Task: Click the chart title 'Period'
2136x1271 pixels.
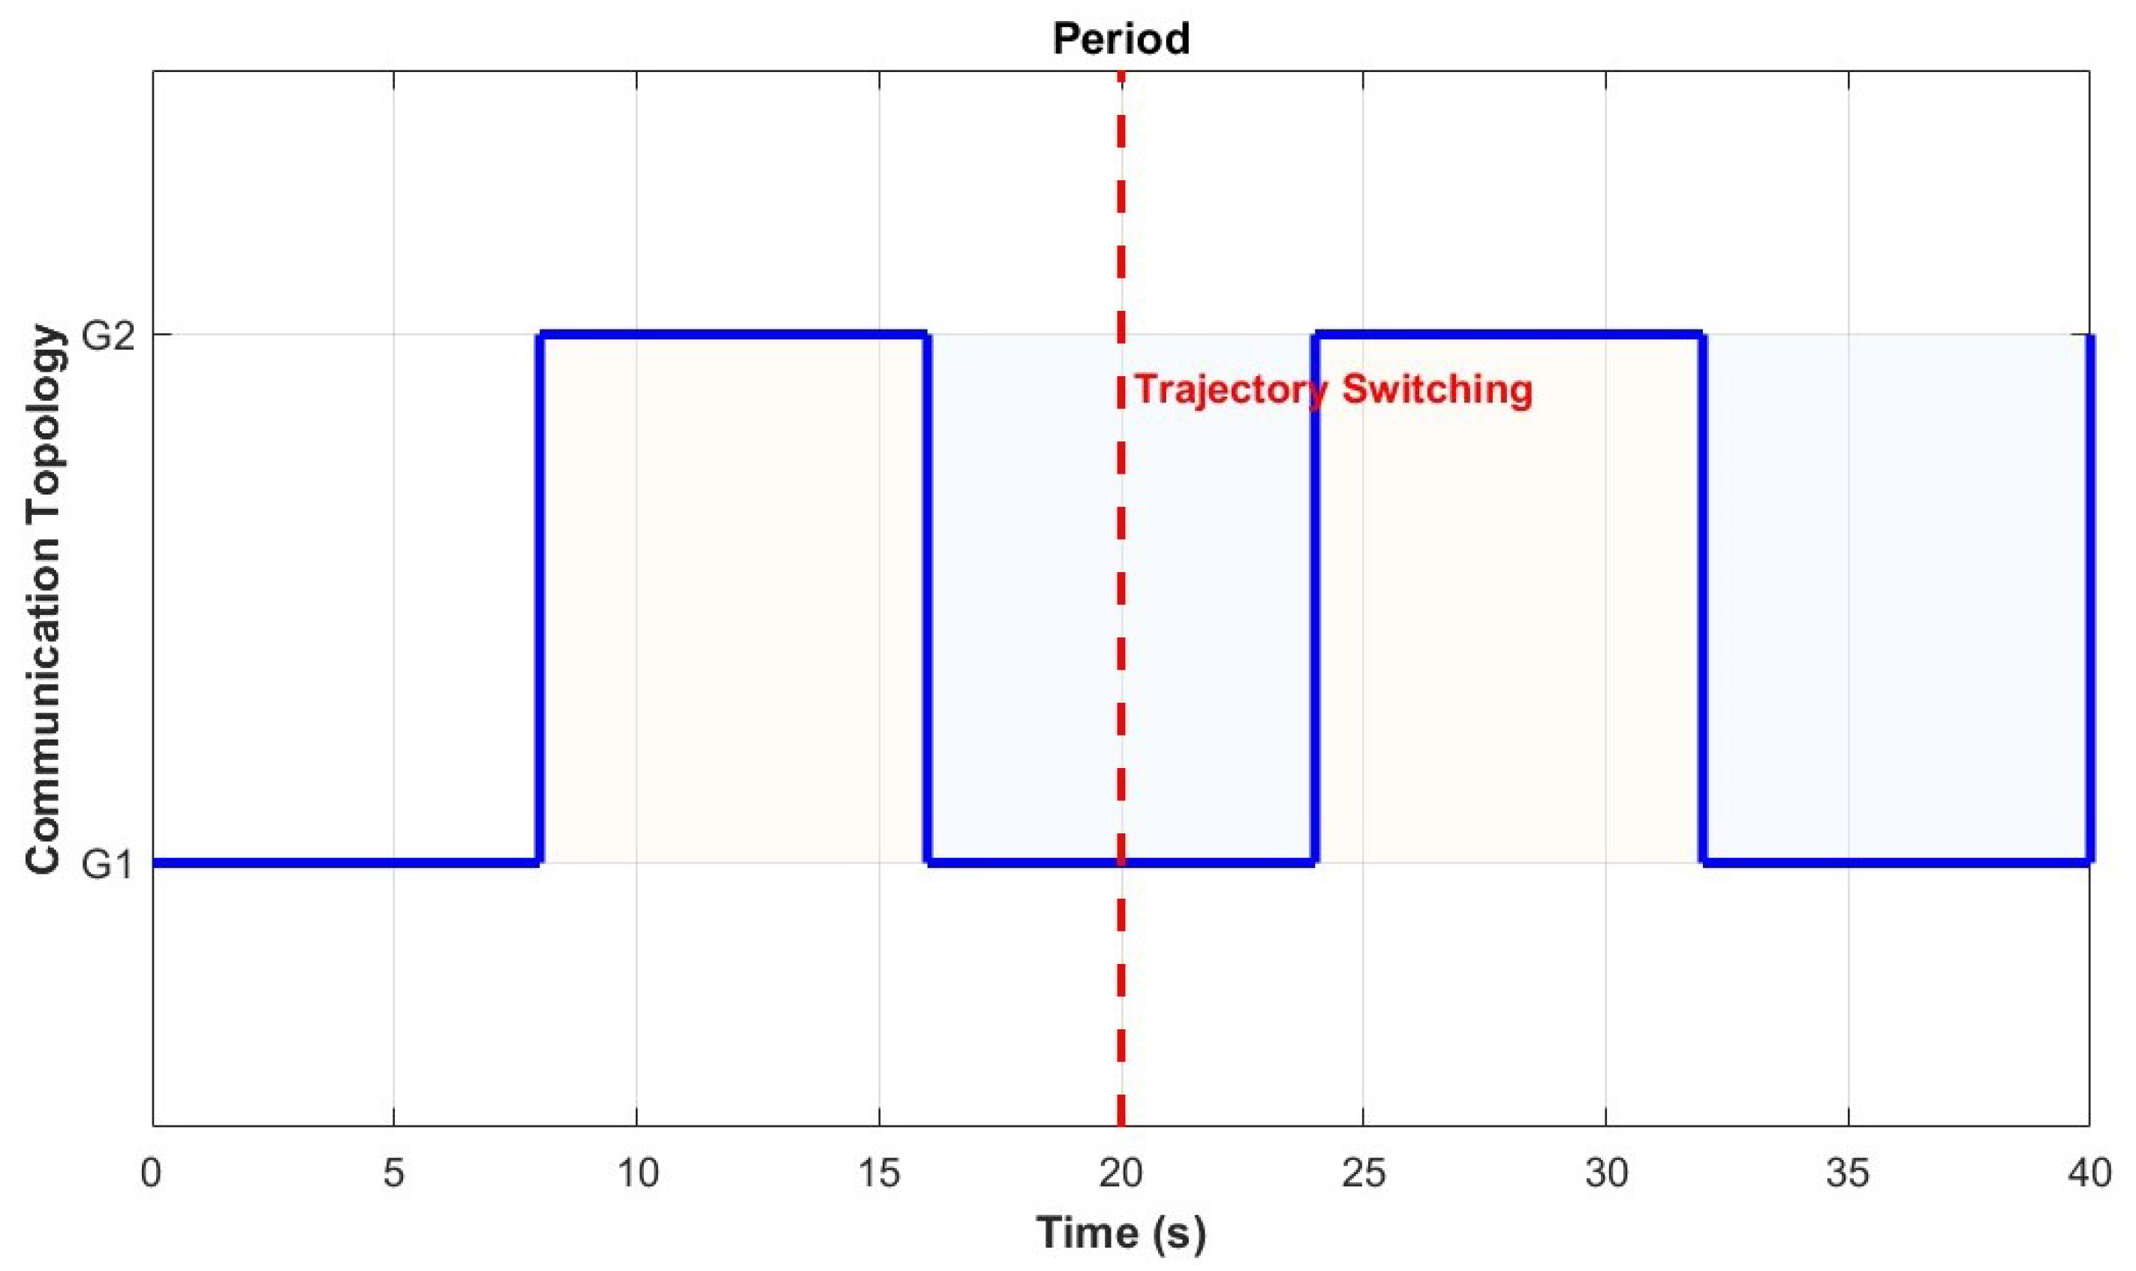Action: point(1121,38)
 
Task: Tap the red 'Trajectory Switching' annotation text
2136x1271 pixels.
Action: point(1333,390)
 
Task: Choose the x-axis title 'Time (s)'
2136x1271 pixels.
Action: point(1121,1233)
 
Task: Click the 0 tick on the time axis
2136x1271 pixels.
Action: point(152,1173)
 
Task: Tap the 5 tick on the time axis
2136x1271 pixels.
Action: point(394,1173)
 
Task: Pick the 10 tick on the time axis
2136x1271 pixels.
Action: point(637,1173)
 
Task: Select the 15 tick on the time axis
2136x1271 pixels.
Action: point(879,1173)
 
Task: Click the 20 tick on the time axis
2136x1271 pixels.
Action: point(1121,1173)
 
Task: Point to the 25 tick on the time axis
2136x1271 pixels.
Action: point(1363,1173)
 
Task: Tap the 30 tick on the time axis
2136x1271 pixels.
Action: point(1605,1173)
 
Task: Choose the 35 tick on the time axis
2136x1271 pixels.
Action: point(1848,1173)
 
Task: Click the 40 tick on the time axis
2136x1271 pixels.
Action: point(2089,1173)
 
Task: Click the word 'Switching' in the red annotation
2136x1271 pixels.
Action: point(1437,390)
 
